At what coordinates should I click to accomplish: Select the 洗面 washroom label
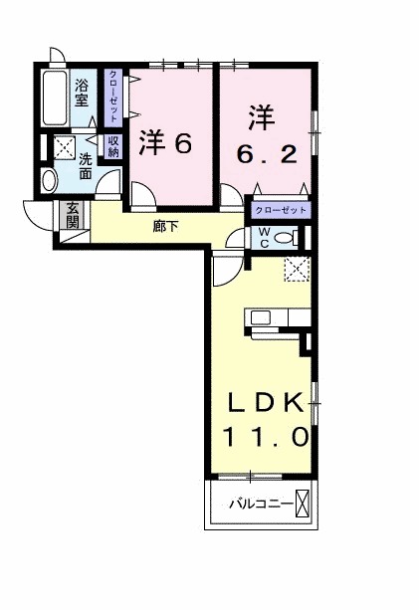(x=86, y=165)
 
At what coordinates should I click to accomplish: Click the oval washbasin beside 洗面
(x=51, y=180)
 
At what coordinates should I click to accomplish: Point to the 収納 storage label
(x=113, y=146)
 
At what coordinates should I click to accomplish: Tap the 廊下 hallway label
(x=166, y=226)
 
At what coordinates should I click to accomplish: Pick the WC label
(x=266, y=237)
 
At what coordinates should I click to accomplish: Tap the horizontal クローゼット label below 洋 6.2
(x=281, y=210)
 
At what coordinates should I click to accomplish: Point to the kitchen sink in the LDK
(x=261, y=318)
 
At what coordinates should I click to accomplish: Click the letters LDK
(x=265, y=402)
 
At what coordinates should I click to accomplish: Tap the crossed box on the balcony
(x=305, y=505)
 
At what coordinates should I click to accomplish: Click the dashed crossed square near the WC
(x=296, y=269)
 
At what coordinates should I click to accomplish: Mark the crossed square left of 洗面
(x=64, y=149)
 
